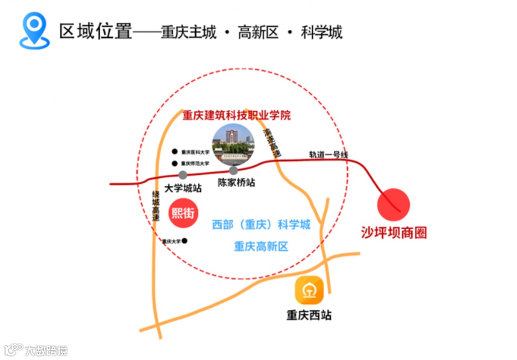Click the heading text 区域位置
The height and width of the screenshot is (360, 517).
(x=96, y=31)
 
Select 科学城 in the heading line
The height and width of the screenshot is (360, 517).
(x=322, y=32)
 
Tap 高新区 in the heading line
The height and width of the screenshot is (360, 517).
(x=258, y=32)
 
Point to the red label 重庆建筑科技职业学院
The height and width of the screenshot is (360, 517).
(x=237, y=115)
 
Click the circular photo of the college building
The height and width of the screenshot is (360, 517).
(x=233, y=144)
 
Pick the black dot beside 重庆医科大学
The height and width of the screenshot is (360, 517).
(x=175, y=151)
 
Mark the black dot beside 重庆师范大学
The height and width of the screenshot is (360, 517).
(x=175, y=164)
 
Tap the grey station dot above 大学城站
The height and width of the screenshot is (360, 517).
(x=183, y=175)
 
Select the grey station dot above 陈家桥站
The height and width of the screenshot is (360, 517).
(x=233, y=170)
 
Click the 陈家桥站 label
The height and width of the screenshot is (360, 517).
(x=236, y=183)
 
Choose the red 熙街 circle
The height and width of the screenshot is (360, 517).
(x=183, y=213)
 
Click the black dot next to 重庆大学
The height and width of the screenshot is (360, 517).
(x=185, y=241)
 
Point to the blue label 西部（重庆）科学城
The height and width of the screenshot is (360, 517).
(x=261, y=224)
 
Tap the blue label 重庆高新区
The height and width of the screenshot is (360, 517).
(x=261, y=247)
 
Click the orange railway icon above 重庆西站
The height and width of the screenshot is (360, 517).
(x=309, y=290)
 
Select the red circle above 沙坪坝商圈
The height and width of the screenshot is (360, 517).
(x=394, y=205)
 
